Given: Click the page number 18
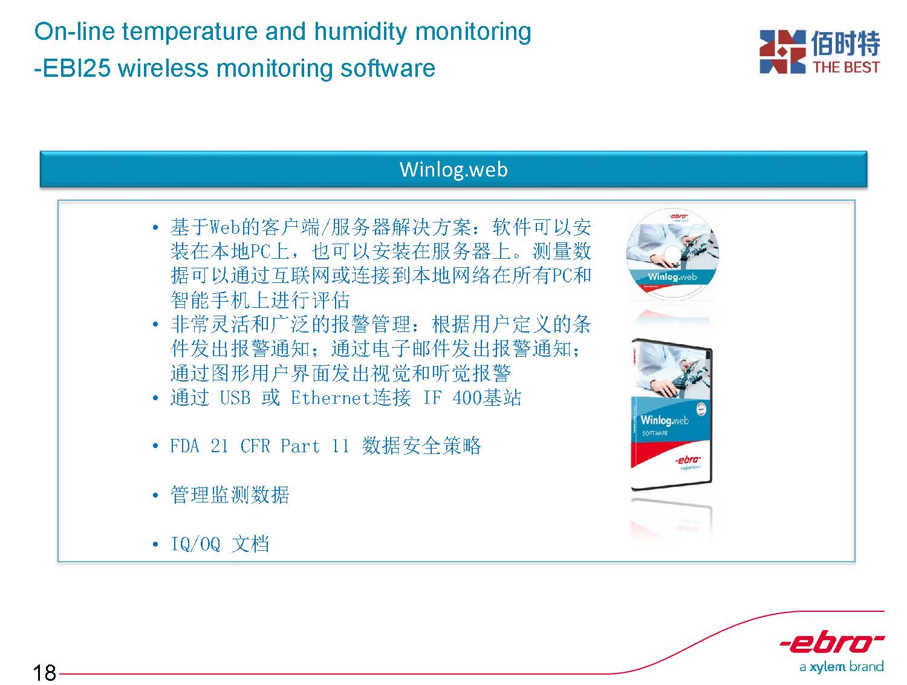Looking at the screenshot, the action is [x=44, y=672].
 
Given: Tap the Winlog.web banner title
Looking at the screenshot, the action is [x=453, y=169].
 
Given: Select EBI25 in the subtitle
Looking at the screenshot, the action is [x=76, y=68].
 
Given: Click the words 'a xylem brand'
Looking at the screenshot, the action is [x=841, y=667].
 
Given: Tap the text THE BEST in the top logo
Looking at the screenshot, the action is [x=846, y=67].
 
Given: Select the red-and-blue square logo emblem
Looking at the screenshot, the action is [x=782, y=51].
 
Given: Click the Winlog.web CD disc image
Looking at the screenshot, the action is [x=672, y=253].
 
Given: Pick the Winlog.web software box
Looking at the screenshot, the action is [x=671, y=414].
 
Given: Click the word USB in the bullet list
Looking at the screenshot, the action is [x=235, y=398].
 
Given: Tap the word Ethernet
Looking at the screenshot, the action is [x=330, y=398].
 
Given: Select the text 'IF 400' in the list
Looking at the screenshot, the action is [x=452, y=398].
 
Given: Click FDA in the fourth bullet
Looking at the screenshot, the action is [x=184, y=446].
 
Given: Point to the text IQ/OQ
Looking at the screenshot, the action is [x=195, y=544].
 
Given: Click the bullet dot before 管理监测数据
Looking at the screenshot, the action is [x=155, y=495].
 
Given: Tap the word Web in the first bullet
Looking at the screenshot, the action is [x=225, y=227].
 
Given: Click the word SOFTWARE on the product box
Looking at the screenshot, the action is [x=654, y=433].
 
